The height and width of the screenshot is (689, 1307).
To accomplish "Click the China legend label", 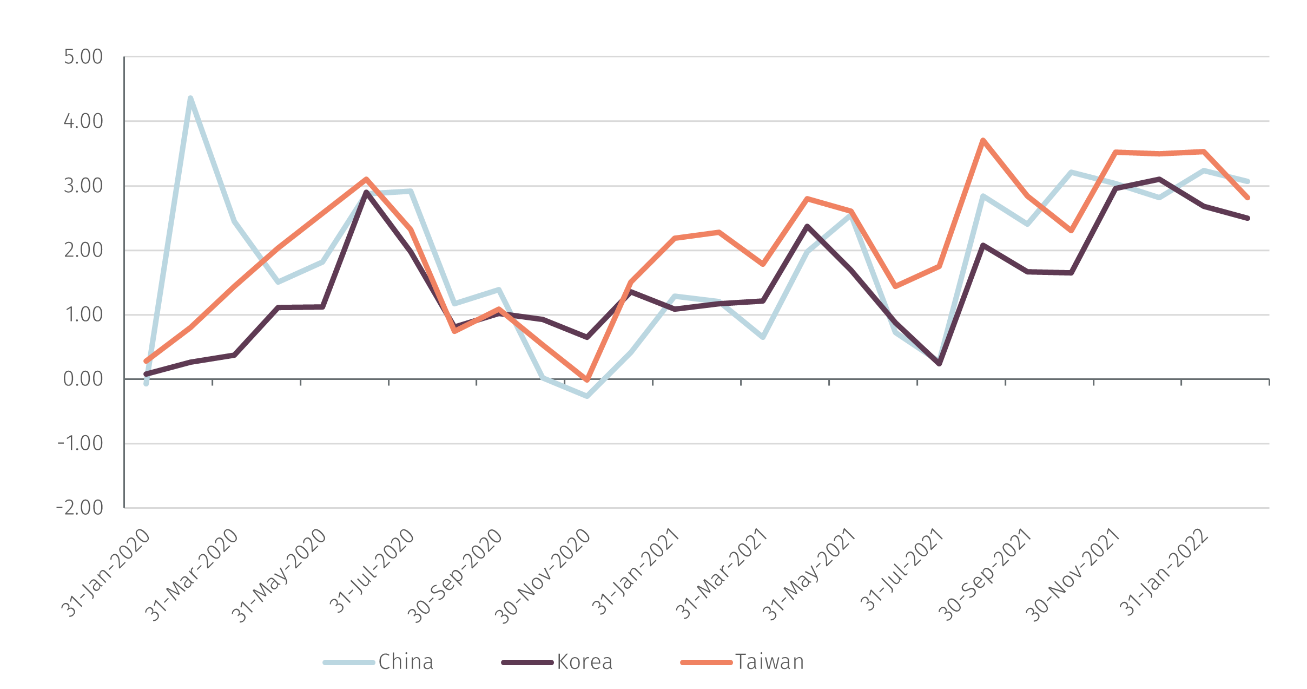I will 406,662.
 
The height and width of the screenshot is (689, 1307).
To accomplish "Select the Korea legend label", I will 584,662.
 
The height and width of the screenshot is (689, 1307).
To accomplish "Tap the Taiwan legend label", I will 769,662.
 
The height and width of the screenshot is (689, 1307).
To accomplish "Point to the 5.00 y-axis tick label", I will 83,57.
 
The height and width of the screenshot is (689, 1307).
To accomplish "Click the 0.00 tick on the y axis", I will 83,379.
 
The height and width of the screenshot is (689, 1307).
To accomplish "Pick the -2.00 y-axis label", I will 80,508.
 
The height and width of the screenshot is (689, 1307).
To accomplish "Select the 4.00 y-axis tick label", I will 83,121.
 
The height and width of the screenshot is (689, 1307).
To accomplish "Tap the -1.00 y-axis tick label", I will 80,443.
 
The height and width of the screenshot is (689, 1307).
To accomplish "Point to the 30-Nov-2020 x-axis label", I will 544,576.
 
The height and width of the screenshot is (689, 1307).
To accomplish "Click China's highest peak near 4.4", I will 190,97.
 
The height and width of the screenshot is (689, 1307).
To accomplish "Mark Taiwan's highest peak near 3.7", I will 983,140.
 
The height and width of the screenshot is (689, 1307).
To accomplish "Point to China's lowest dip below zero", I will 587,397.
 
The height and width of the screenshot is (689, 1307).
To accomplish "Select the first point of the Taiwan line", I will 146,361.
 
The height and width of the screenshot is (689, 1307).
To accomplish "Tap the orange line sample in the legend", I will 706,662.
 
